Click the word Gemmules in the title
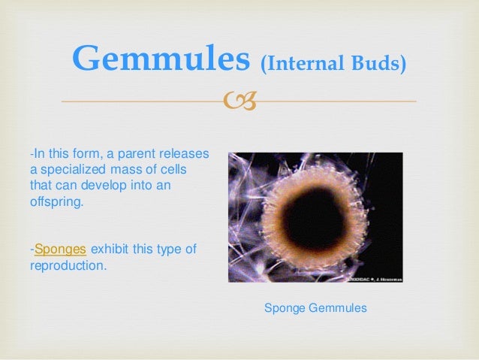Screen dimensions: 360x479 (161, 59)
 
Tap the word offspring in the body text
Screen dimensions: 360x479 (56, 202)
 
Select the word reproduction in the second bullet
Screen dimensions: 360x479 (68, 265)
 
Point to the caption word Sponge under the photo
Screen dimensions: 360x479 (285, 308)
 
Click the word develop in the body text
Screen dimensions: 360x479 (132, 186)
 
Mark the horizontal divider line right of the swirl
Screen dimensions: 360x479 (338, 101)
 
